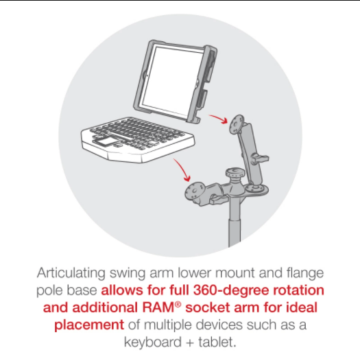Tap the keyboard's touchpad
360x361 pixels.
point(103,141)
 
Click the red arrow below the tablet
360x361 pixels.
point(218,119)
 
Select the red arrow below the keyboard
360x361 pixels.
point(182,170)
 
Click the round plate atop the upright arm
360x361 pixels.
point(237,124)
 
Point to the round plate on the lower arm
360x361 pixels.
point(195,191)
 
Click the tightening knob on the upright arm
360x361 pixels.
point(260,159)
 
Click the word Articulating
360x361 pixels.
point(71,273)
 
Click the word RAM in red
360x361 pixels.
point(158,307)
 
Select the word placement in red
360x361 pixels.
point(89,325)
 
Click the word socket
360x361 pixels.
point(207,307)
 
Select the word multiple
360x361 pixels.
point(170,325)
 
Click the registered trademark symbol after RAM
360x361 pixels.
point(178,305)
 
